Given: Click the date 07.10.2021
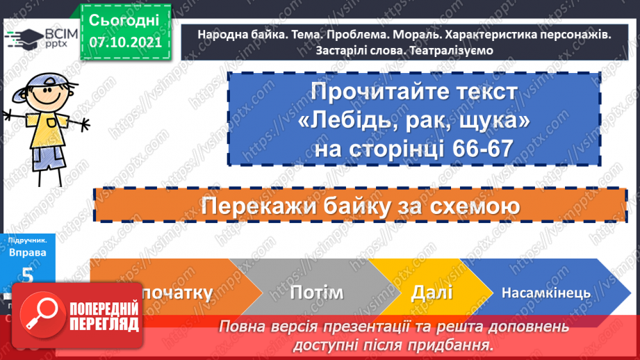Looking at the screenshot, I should click(x=125, y=42).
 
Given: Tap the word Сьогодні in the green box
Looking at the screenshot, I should click(x=124, y=19).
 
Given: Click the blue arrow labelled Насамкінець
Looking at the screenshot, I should click(x=546, y=293).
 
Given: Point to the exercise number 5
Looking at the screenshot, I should click(x=27, y=276).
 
